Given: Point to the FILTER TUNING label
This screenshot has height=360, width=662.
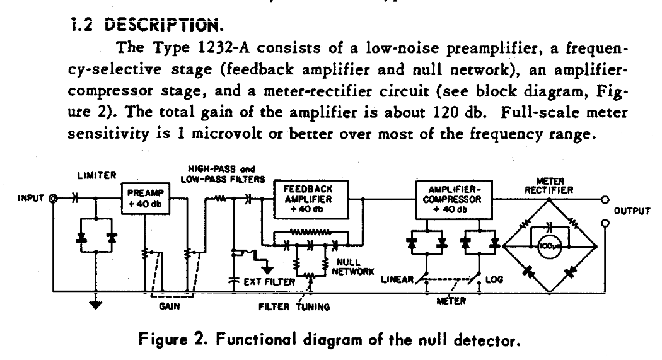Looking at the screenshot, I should (x=296, y=308).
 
